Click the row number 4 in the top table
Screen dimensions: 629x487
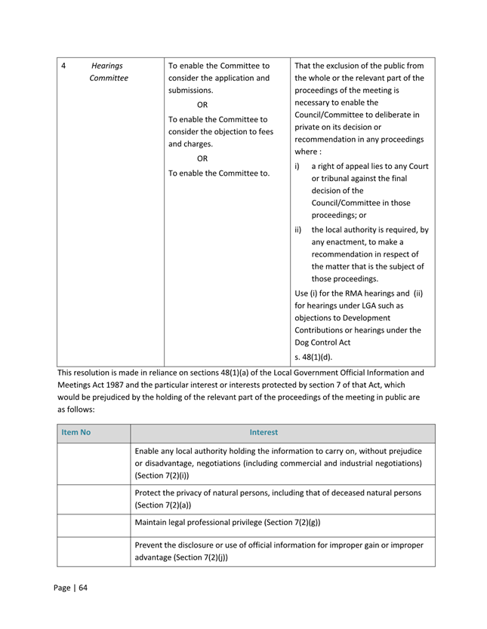click(63, 66)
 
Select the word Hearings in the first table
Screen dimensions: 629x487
click(106, 66)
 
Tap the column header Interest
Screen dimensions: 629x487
click(264, 432)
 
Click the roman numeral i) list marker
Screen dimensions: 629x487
click(297, 166)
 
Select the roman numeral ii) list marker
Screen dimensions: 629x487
click(298, 230)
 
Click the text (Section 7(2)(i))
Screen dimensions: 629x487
click(160, 476)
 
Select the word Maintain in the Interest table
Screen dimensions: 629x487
click(153, 523)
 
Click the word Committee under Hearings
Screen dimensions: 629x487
click(108, 78)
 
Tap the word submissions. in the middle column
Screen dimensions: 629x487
click(190, 90)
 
